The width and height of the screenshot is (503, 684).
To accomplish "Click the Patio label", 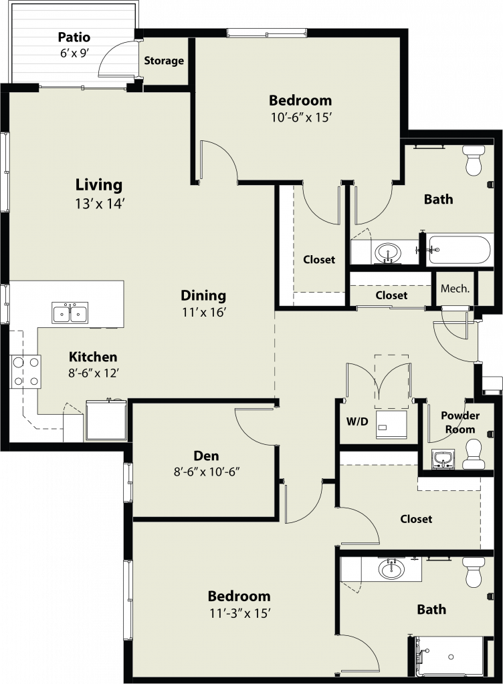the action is [x=74, y=37].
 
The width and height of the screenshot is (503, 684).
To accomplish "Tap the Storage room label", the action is [x=164, y=61].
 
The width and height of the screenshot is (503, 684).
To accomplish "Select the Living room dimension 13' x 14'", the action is [x=100, y=204].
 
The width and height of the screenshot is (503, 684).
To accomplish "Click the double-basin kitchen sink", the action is [x=70, y=313].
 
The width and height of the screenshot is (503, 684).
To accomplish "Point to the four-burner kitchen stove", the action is [x=26, y=371].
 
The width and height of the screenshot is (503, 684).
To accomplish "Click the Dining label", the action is [x=203, y=296].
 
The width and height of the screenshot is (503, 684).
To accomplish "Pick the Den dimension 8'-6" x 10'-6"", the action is [x=207, y=472].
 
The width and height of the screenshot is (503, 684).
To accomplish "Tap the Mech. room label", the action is [x=455, y=289].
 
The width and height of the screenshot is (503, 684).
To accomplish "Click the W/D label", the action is [x=357, y=421].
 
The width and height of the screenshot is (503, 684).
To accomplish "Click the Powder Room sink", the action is [x=443, y=460].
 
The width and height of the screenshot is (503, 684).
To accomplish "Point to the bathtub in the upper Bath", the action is [x=459, y=250].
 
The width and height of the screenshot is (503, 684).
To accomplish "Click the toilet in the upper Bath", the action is [x=474, y=160].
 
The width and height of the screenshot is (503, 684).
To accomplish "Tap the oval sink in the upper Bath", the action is [x=388, y=252].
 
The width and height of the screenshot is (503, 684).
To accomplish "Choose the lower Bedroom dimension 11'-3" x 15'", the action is [x=240, y=614].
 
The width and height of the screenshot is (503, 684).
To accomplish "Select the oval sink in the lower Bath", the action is [x=391, y=569].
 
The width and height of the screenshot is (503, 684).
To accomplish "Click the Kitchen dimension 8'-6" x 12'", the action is [x=94, y=373].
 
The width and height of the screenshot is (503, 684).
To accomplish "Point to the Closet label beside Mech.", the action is [x=391, y=295].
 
